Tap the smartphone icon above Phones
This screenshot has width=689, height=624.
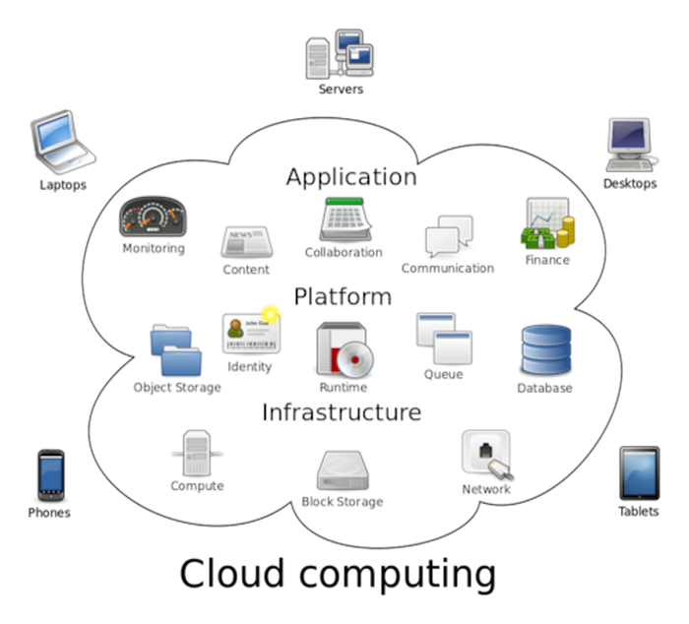tap(50, 475)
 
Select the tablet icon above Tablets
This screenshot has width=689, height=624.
tap(638, 473)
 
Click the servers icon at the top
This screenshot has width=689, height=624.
tap(341, 53)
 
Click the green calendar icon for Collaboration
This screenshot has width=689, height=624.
tap(344, 219)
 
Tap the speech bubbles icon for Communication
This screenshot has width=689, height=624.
tap(449, 237)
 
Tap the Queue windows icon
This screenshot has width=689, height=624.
tap(442, 339)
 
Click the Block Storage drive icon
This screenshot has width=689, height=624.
tap(342, 470)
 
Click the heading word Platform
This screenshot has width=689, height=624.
tap(343, 296)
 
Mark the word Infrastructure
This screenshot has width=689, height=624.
tap(341, 411)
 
